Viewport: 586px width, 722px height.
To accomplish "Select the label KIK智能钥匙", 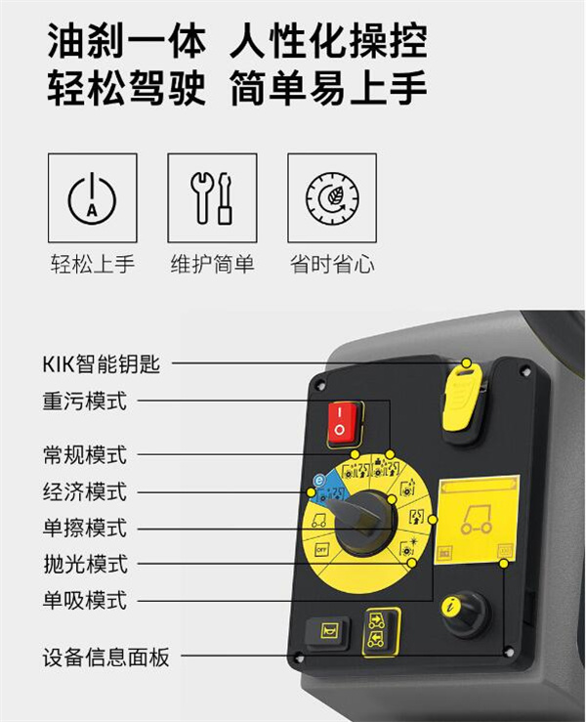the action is (102, 363).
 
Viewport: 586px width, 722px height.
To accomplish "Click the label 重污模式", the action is (85, 402).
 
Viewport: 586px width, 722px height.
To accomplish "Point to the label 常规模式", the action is (85, 455).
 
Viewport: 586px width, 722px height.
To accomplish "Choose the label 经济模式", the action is (85, 491).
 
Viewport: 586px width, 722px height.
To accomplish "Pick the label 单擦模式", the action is (85, 528).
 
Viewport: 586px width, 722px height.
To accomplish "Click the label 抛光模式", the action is (86, 564).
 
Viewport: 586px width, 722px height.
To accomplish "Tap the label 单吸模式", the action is (85, 601).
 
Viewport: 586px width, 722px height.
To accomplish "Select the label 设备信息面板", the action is (105, 657).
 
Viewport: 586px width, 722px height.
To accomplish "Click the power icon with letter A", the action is (92, 199).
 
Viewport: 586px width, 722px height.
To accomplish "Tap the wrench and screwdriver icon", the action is (212, 198).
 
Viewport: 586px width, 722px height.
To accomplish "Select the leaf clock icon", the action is (332, 198).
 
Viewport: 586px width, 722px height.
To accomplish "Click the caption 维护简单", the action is (212, 265).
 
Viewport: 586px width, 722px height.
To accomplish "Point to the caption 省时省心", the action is (332, 265).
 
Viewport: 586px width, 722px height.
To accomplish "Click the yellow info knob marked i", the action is (465, 615).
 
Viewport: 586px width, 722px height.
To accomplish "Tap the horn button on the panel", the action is (327, 632).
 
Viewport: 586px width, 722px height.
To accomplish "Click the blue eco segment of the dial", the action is (328, 488).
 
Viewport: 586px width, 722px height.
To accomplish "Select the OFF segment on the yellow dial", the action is (321, 550).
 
